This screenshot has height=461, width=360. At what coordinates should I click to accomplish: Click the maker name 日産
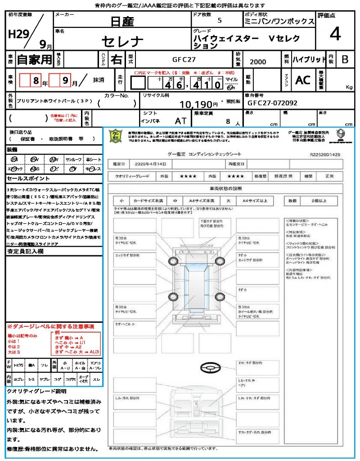click(x=122, y=21)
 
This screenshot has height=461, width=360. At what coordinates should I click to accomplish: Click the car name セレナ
click(x=122, y=42)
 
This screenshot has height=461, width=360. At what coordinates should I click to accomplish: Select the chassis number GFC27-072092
click(x=272, y=103)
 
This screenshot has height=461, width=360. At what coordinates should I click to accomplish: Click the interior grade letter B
click(x=344, y=59)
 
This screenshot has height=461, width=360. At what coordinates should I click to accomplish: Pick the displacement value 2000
click(x=257, y=62)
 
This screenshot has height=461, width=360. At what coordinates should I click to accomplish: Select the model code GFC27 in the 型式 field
click(x=184, y=59)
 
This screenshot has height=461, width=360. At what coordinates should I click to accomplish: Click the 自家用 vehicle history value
click(x=35, y=59)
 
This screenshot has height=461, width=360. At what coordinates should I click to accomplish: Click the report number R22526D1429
click(x=325, y=154)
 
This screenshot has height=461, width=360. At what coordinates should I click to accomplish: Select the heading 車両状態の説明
click(x=225, y=188)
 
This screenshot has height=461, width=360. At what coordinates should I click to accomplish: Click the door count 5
click(x=220, y=21)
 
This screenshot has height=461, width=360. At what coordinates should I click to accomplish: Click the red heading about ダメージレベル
click(x=50, y=326)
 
